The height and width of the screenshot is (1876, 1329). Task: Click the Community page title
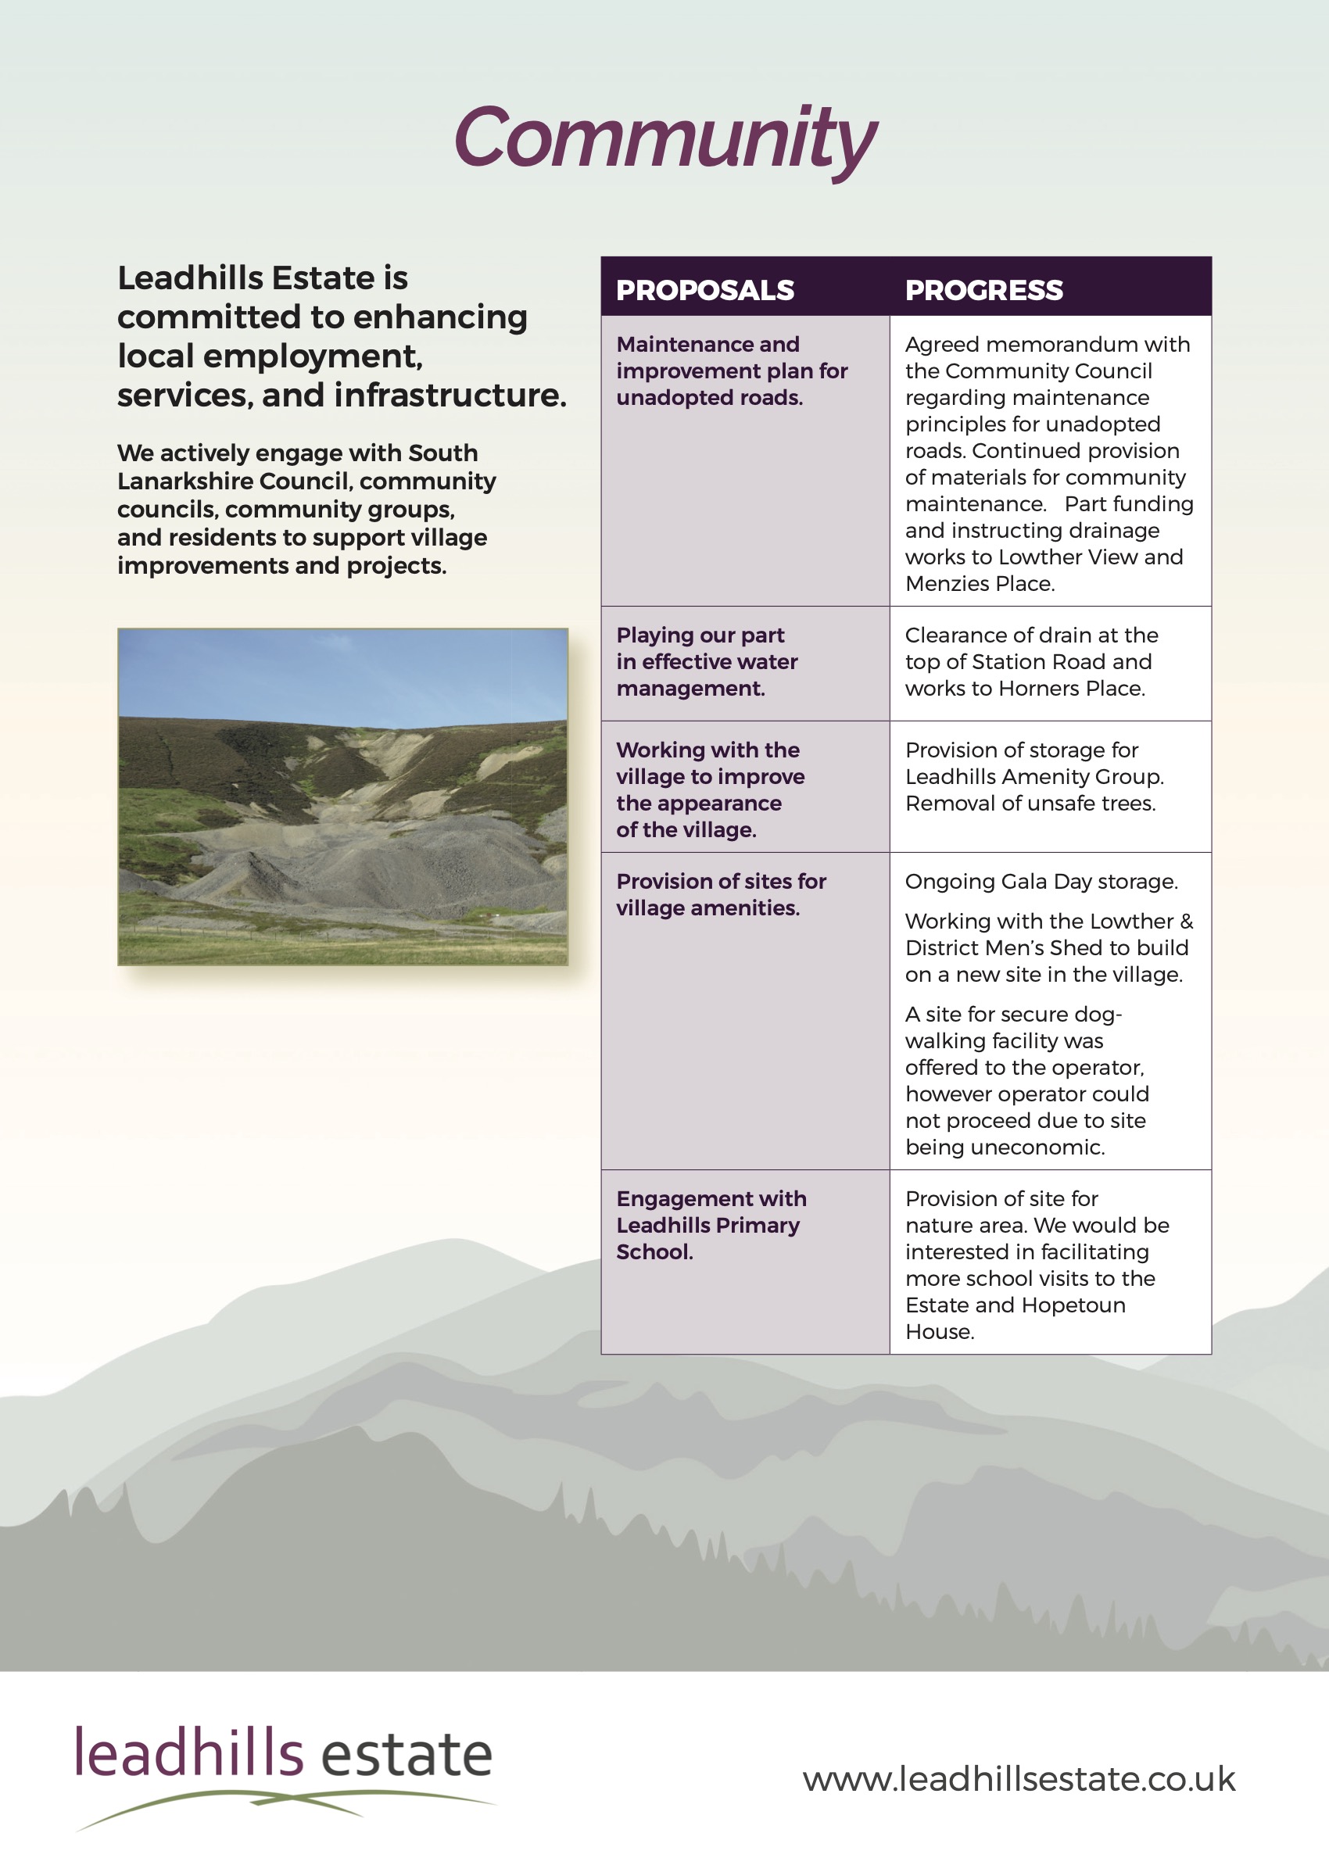(x=664, y=139)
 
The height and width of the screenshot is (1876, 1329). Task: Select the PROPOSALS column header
(x=704, y=290)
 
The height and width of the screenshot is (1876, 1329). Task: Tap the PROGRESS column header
(x=983, y=290)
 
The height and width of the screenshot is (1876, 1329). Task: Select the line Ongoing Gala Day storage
(x=1041, y=881)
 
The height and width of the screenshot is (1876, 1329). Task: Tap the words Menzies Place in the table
(x=980, y=583)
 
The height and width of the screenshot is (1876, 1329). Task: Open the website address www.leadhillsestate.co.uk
(x=1018, y=1778)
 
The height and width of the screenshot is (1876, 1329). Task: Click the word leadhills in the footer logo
(x=189, y=1754)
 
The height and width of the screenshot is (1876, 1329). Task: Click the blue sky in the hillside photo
(x=342, y=671)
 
